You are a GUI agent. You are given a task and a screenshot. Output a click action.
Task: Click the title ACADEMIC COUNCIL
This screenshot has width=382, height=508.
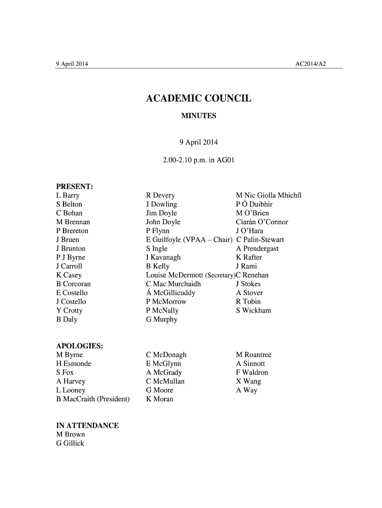point(198,98)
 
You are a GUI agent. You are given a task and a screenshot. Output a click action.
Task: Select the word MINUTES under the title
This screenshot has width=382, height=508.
point(198,116)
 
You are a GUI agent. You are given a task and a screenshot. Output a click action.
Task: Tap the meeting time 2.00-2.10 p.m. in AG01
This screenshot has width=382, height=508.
point(198,160)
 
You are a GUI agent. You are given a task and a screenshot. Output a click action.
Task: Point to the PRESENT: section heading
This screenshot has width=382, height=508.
point(75,187)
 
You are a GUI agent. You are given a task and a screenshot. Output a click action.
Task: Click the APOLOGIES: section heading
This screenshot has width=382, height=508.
point(79,346)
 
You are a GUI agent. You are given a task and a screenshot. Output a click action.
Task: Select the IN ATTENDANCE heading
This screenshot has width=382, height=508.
point(87,426)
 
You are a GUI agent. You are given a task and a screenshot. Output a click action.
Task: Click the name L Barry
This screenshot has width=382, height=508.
point(68,195)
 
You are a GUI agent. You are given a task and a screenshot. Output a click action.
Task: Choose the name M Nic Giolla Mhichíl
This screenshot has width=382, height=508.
point(268,195)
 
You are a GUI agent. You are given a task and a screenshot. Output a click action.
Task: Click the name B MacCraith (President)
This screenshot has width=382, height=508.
point(93,399)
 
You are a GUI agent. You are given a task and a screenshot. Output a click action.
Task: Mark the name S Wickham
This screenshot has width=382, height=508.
point(254,311)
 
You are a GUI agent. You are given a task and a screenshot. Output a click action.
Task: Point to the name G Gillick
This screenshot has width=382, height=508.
point(70,444)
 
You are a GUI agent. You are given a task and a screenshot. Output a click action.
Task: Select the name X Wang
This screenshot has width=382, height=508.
point(248,381)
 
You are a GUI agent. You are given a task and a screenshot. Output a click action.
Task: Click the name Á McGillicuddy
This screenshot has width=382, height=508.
point(171,293)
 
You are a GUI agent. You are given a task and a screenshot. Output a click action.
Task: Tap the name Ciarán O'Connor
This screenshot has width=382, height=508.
point(262,222)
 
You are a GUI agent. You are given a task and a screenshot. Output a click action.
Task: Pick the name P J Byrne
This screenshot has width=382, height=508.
point(70,257)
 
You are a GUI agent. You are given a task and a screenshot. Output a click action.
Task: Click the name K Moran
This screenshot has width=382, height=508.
point(159,399)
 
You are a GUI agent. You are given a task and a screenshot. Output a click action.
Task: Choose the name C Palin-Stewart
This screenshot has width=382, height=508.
point(260,240)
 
